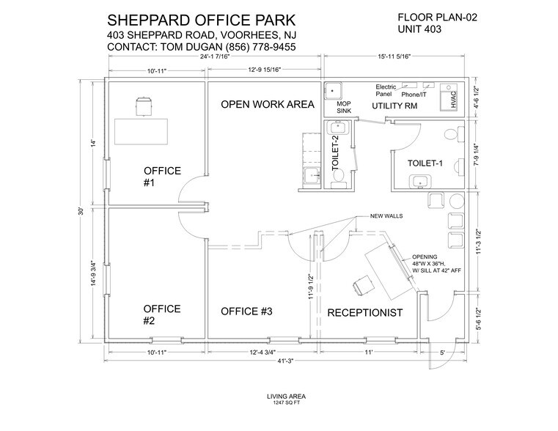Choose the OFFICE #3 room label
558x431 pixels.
pyautogui.click(x=246, y=312)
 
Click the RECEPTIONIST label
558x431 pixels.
pyautogui.click(x=365, y=313)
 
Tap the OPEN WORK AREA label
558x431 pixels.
pyautogui.click(x=268, y=105)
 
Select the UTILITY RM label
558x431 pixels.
pyautogui.click(x=394, y=106)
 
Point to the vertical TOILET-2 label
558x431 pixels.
pyautogui.click(x=336, y=154)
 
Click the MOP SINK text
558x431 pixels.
pyautogui.click(x=345, y=108)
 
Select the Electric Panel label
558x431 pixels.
pyautogui.click(x=386, y=91)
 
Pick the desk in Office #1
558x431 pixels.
pyautogui.click(x=142, y=130)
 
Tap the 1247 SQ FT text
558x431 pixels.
pyautogui.click(x=279, y=402)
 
